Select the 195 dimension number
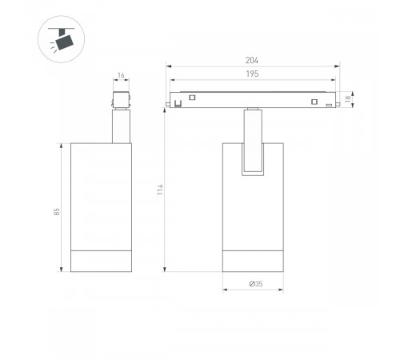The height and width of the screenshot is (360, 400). pyautogui.click(x=253, y=74)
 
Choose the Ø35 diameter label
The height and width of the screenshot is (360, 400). pyautogui.click(x=253, y=283)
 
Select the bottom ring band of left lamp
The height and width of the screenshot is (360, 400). pyautogui.click(x=101, y=262)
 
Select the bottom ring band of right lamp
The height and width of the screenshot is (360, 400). pyautogui.click(x=253, y=262)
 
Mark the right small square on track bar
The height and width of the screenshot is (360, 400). pyautogui.click(x=315, y=101)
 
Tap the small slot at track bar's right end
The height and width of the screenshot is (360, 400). pyautogui.click(x=329, y=105)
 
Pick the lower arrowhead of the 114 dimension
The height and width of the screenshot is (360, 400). pyautogui.click(x=166, y=270)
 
